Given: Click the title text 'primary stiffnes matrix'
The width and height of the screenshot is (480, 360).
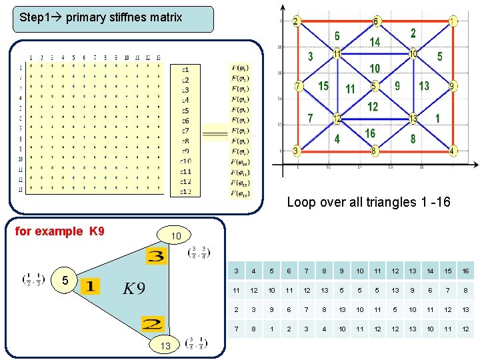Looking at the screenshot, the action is point(123,17).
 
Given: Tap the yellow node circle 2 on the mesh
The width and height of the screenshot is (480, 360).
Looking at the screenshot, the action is point(296,21).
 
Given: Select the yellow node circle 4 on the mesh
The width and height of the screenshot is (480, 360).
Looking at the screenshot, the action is point(453,151).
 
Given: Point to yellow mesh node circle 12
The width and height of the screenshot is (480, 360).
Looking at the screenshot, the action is point(337,119).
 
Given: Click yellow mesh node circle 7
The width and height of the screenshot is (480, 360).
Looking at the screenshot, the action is point(299,87).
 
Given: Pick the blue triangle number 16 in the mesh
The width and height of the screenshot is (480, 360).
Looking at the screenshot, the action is point(370,133).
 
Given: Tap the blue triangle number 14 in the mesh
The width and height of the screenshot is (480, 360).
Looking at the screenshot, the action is point(375,42).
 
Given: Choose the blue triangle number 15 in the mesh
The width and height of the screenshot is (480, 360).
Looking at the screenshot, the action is point(323,86).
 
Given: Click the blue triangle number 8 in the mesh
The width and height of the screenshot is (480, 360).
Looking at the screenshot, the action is point(413,139).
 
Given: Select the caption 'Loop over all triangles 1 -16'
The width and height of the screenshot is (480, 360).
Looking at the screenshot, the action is point(368,202).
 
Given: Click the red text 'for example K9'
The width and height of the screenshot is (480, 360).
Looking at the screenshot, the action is point(59,231).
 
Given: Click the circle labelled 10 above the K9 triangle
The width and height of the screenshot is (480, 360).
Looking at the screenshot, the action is point(175,236).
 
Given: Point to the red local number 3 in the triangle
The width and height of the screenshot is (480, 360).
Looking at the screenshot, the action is point(157,256).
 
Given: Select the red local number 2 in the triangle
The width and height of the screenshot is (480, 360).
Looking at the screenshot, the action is point(152,325).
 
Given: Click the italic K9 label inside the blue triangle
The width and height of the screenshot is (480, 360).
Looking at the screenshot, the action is point(133,288).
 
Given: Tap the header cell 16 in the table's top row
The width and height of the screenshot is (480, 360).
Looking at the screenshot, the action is point(464,271).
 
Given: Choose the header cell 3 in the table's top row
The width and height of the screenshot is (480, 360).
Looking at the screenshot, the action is point(236,271).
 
